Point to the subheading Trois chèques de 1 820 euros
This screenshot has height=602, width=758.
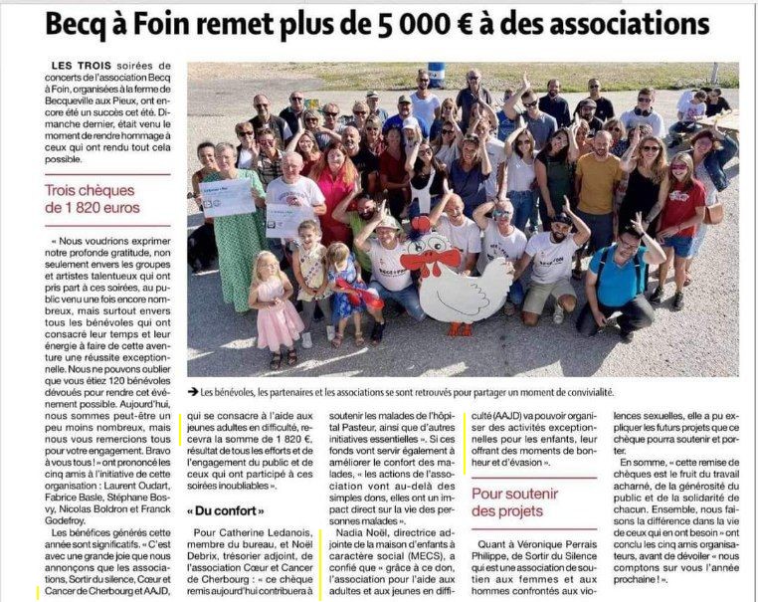pyautogui.click(x=93, y=199)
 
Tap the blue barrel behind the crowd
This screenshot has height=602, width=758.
pyautogui.click(x=436, y=76)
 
